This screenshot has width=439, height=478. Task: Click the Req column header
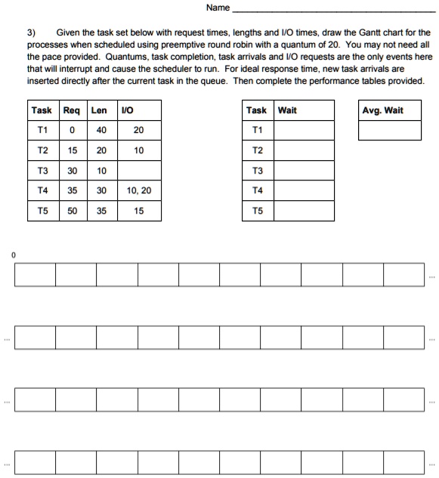click(72, 110)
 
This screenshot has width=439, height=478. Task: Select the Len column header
click(99, 110)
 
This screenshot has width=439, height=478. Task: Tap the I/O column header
click(128, 110)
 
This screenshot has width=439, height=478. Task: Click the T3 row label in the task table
click(42, 171)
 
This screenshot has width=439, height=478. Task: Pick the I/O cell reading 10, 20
click(139, 190)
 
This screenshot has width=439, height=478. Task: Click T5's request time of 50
click(72, 211)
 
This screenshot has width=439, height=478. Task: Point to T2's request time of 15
click(72, 150)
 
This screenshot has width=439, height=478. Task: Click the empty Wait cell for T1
click(303, 130)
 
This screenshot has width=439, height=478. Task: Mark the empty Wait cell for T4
click(303, 190)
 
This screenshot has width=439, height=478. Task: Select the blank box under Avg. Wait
click(389, 131)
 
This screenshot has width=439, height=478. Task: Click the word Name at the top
click(217, 8)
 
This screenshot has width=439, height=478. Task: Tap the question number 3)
click(32, 33)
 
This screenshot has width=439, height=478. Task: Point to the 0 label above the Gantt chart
click(14, 255)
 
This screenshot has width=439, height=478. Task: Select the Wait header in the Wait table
click(288, 110)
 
